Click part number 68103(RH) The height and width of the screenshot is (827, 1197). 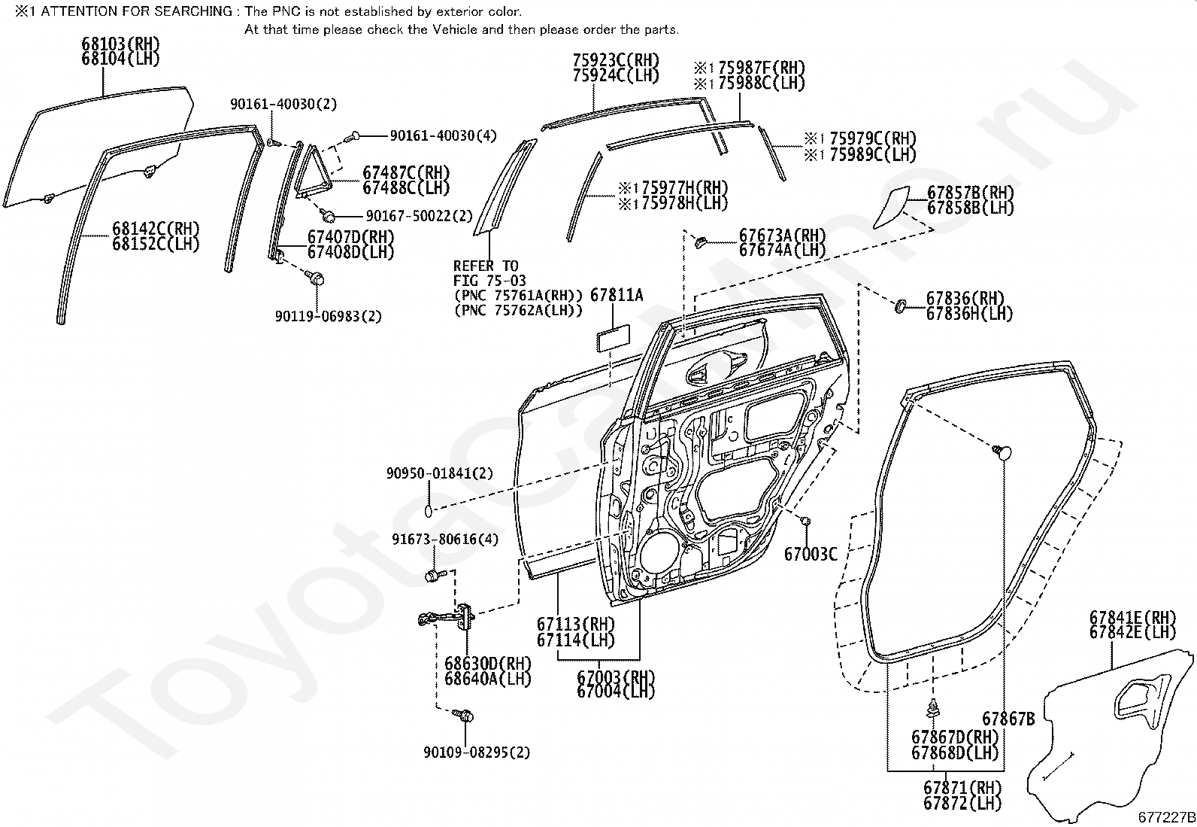pyautogui.click(x=120, y=44)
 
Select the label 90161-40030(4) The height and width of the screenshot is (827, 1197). pyautogui.click(x=443, y=135)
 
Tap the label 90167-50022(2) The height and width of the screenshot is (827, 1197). pyautogui.click(x=419, y=216)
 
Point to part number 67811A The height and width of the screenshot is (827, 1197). pyautogui.click(x=617, y=296)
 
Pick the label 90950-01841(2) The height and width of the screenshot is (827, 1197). pyautogui.click(x=440, y=473)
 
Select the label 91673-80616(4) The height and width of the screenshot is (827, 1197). pyautogui.click(x=445, y=540)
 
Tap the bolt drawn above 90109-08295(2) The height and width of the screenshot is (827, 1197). pyautogui.click(x=465, y=715)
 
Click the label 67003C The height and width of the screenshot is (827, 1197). pyautogui.click(x=811, y=555)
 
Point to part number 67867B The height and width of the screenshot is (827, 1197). pyautogui.click(x=1008, y=719)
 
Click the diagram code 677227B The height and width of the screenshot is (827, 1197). pyautogui.click(x=1165, y=817)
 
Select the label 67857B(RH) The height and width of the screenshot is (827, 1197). pyautogui.click(x=970, y=193)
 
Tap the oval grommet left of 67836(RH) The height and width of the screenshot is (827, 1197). pyautogui.click(x=899, y=306)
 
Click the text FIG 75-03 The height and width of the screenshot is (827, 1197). pyautogui.click(x=489, y=281)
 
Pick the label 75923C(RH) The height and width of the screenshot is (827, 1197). pyautogui.click(x=615, y=60)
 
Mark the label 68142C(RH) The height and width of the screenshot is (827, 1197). pyautogui.click(x=156, y=229)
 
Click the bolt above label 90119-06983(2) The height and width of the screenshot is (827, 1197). pyautogui.click(x=317, y=278)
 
